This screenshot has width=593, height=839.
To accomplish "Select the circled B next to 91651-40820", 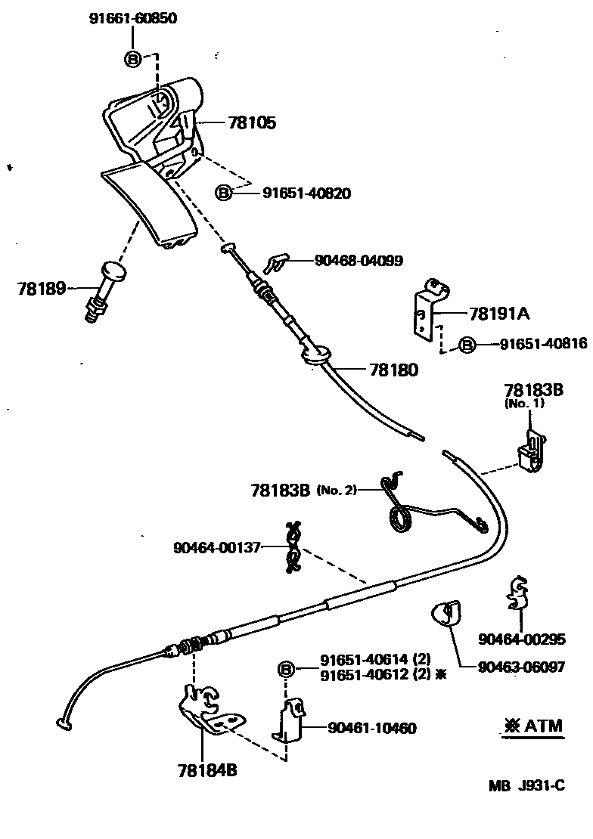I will tap(224, 193).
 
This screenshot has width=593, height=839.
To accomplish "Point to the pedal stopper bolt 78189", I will tap(104, 292).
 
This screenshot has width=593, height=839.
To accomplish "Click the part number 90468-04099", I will tap(358, 261).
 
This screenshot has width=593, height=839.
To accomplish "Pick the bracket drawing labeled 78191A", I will tap(428, 310).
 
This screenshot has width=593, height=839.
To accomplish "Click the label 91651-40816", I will tap(542, 344).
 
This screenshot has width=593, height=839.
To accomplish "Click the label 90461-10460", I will tap(371, 728).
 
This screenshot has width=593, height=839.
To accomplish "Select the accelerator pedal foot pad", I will tap(151, 205).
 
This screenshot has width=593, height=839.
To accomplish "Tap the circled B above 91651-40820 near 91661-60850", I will tap(132, 58).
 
